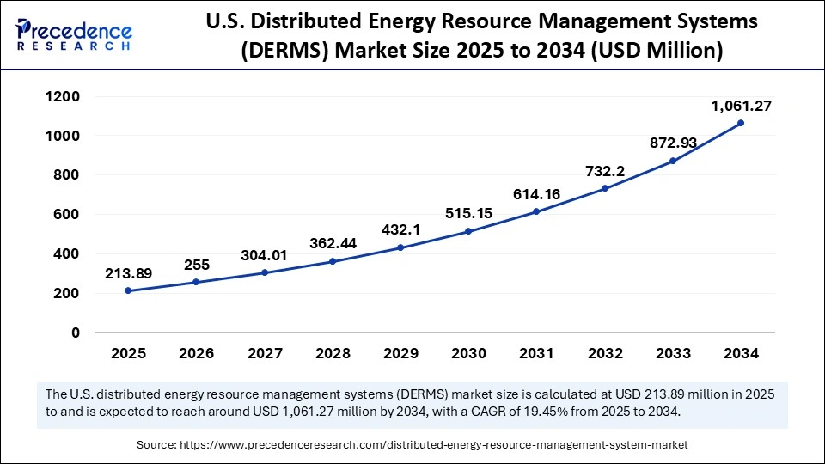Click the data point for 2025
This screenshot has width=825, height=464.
click(128, 290)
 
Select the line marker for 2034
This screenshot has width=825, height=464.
click(741, 123)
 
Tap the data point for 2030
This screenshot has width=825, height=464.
click(468, 231)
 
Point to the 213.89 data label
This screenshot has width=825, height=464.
click(129, 273)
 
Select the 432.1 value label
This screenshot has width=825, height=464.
click(400, 230)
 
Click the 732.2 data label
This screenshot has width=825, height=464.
click(605, 171)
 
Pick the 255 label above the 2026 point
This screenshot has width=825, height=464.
click(196, 265)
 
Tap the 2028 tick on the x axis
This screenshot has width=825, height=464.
click(333, 353)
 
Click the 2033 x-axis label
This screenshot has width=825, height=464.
click(673, 353)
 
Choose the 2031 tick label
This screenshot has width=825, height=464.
click(536, 353)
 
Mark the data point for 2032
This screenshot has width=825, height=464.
click(605, 188)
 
